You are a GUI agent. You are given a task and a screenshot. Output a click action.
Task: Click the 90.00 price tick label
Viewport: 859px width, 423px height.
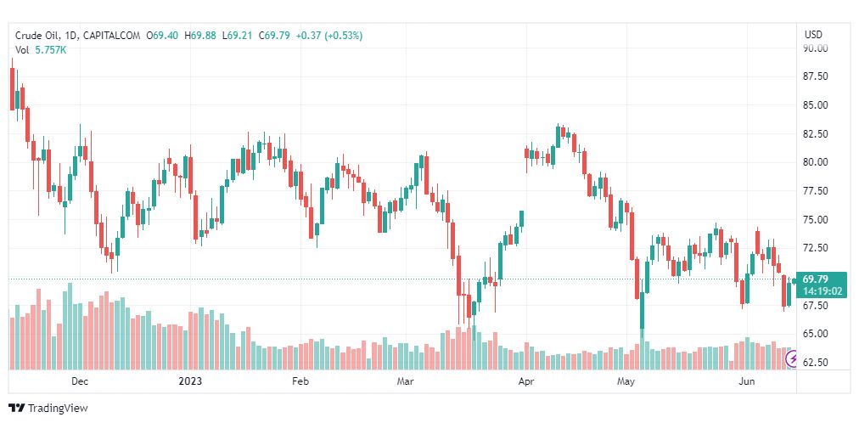coord(816,48)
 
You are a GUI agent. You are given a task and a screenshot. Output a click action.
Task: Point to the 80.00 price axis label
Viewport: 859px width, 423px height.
coord(816,162)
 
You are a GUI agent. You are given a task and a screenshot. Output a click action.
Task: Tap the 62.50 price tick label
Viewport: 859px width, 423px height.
coord(816,363)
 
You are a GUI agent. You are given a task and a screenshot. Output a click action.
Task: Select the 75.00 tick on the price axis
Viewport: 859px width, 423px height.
coord(816,219)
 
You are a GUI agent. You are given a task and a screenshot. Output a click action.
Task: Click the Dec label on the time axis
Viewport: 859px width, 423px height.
coord(80,382)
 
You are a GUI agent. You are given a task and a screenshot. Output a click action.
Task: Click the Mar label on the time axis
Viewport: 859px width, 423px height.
coord(405,382)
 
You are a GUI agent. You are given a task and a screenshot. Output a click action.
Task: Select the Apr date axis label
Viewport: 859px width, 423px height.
coord(526,382)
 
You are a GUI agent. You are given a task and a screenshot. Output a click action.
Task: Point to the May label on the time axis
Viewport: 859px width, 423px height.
coord(626,382)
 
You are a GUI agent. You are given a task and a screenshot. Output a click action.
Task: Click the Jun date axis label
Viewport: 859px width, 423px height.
coord(747,382)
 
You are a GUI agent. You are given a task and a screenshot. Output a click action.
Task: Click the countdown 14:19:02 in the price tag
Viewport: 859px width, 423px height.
coord(823,290)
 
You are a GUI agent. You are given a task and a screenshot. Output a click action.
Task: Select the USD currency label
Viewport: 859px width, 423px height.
coord(813,35)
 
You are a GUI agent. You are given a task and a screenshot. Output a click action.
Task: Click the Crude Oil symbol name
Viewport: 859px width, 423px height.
coord(37,36)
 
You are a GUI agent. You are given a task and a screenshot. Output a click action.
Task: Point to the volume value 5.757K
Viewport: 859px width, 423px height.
coord(50,50)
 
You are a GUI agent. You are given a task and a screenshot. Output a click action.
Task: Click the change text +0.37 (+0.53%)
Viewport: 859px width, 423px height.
coord(327,36)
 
